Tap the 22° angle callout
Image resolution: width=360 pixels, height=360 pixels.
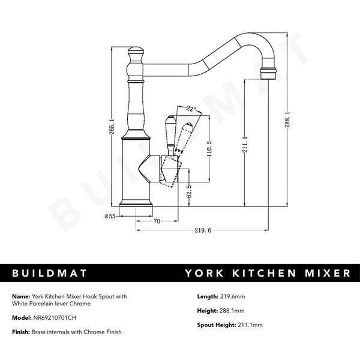[191, 109]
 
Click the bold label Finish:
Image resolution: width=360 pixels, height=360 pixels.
[21, 332]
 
